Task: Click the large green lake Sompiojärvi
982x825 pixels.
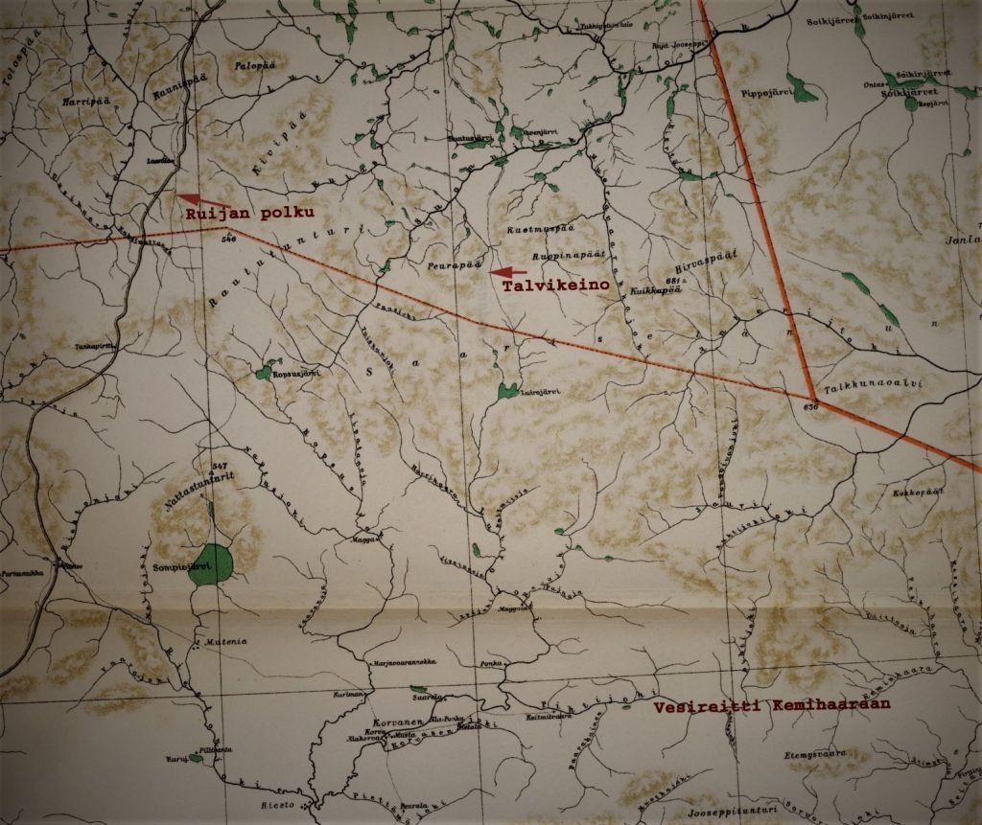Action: point(211,562)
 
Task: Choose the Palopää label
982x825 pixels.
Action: point(255,65)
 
